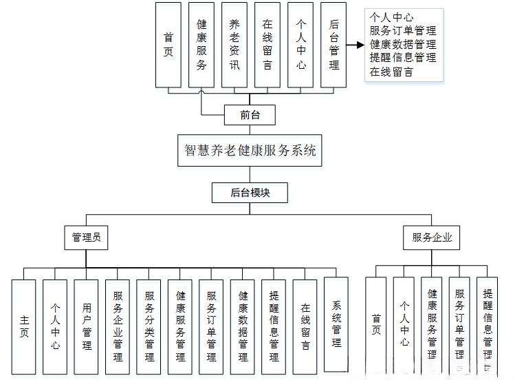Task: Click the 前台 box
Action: pos(250,115)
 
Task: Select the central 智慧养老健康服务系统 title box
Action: pos(250,150)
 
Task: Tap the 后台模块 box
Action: pos(250,193)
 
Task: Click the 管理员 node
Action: pos(86,237)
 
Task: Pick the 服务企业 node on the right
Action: pos(432,237)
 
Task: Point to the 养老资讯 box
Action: pos(234,45)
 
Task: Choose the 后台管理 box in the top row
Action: pos(333,45)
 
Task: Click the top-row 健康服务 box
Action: pos(201,45)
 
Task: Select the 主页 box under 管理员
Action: pos(24,326)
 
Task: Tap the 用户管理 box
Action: pos(87,326)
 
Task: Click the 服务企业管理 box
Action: pos(118,326)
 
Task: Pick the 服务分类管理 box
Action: pos(149,326)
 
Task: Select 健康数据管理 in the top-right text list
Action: pos(402,44)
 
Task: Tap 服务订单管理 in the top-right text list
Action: pos(402,30)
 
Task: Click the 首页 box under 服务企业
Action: pos(376,325)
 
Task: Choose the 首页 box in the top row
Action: pos(168,45)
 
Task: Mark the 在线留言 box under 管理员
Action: pos(305,326)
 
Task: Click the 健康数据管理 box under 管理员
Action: pos(243,326)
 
